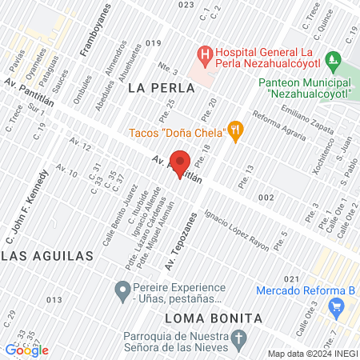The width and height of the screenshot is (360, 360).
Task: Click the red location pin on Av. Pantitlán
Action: tap(181, 162)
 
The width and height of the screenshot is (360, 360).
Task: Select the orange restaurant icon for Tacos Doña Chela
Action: tap(234, 130)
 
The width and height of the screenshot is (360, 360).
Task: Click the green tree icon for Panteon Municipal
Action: tap(334, 62)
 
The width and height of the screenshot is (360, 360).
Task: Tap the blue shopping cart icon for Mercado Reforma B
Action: tap(336, 305)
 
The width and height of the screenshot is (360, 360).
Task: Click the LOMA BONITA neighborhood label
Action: tap(213, 318)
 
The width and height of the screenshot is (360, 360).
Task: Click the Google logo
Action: tap(27, 350)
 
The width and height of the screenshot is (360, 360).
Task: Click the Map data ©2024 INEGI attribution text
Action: tap(312, 354)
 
